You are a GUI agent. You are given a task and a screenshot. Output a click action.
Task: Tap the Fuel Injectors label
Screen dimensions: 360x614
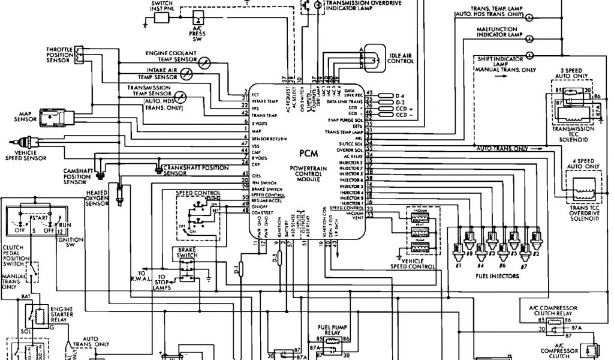498,277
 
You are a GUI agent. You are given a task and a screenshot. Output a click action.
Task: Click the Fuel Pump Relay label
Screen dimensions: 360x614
329,330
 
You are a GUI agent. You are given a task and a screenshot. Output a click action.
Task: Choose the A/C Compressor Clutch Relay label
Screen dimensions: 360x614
555,310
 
